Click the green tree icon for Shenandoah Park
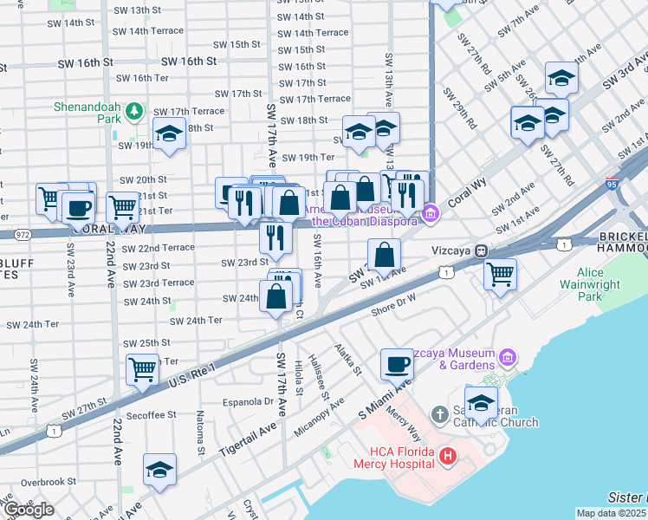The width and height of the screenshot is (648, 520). [133, 111]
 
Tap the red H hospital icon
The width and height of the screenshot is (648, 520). [447, 455]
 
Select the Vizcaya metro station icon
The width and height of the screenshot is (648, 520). [480, 250]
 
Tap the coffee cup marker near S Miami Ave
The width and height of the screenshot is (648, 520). [397, 364]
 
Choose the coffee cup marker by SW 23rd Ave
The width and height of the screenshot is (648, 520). [79, 208]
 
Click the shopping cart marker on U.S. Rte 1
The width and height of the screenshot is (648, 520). [142, 369]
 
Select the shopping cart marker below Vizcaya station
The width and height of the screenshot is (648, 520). [500, 274]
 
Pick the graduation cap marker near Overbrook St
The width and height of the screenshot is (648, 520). [159, 469]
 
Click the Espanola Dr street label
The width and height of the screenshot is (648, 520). [248, 402]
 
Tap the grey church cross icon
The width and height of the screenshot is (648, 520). [439, 415]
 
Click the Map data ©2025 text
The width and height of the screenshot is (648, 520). [612, 513]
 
